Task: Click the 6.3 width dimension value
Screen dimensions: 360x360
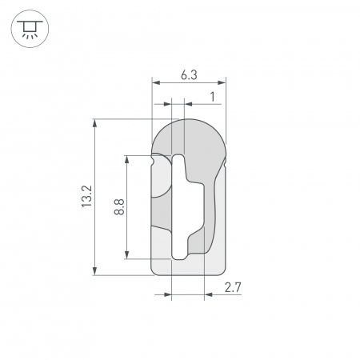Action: [x=189, y=74]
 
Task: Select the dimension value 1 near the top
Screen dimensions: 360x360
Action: [x=211, y=96]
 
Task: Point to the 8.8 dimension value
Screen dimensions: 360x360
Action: [x=118, y=207]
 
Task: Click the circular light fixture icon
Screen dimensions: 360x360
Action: [x=29, y=29]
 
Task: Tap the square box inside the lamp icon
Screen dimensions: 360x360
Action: [x=29, y=26]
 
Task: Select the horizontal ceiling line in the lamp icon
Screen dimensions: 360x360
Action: [x=29, y=21]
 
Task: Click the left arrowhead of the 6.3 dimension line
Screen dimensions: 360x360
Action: [x=154, y=82]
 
